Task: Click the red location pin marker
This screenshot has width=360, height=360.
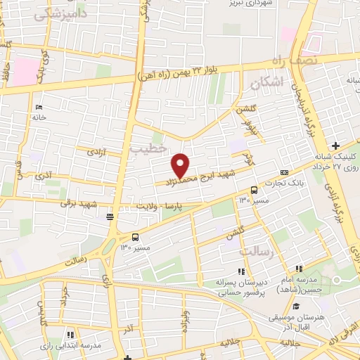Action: [x=181, y=165]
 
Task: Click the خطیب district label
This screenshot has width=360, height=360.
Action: [x=149, y=148]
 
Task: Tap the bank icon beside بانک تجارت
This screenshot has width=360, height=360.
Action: [x=284, y=172]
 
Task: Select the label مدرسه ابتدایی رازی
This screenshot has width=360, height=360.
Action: [x=74, y=346]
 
